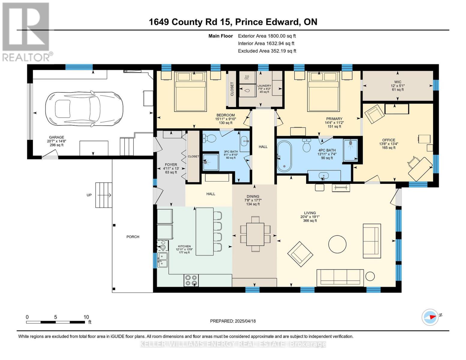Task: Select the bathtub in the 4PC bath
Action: pyautogui.click(x=284, y=156)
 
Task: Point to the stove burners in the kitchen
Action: pyautogui.click(x=191, y=280)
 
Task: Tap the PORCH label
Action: pyautogui.click(x=133, y=237)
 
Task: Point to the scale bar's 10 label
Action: pyautogui.click(x=86, y=317)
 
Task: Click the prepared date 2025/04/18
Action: pyautogui.click(x=233, y=321)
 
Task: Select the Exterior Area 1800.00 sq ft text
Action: pyautogui.click(x=267, y=36)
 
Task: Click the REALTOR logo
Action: pyautogui.click(x=26, y=31)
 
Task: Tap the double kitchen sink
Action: pyautogui.click(x=163, y=260)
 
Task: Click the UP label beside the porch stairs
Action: pyautogui.click(x=89, y=195)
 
